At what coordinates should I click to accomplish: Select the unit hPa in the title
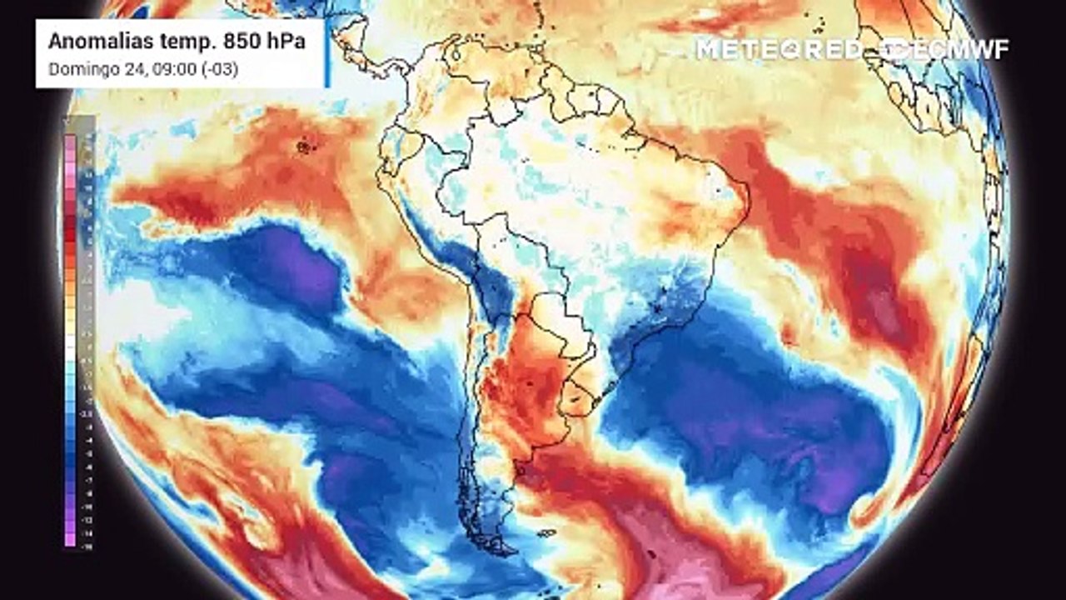pos(282,42)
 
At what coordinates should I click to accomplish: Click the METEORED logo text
pos(779,49)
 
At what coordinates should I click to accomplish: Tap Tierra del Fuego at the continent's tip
pos(500,546)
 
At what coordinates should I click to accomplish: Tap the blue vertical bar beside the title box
pos(328,53)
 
